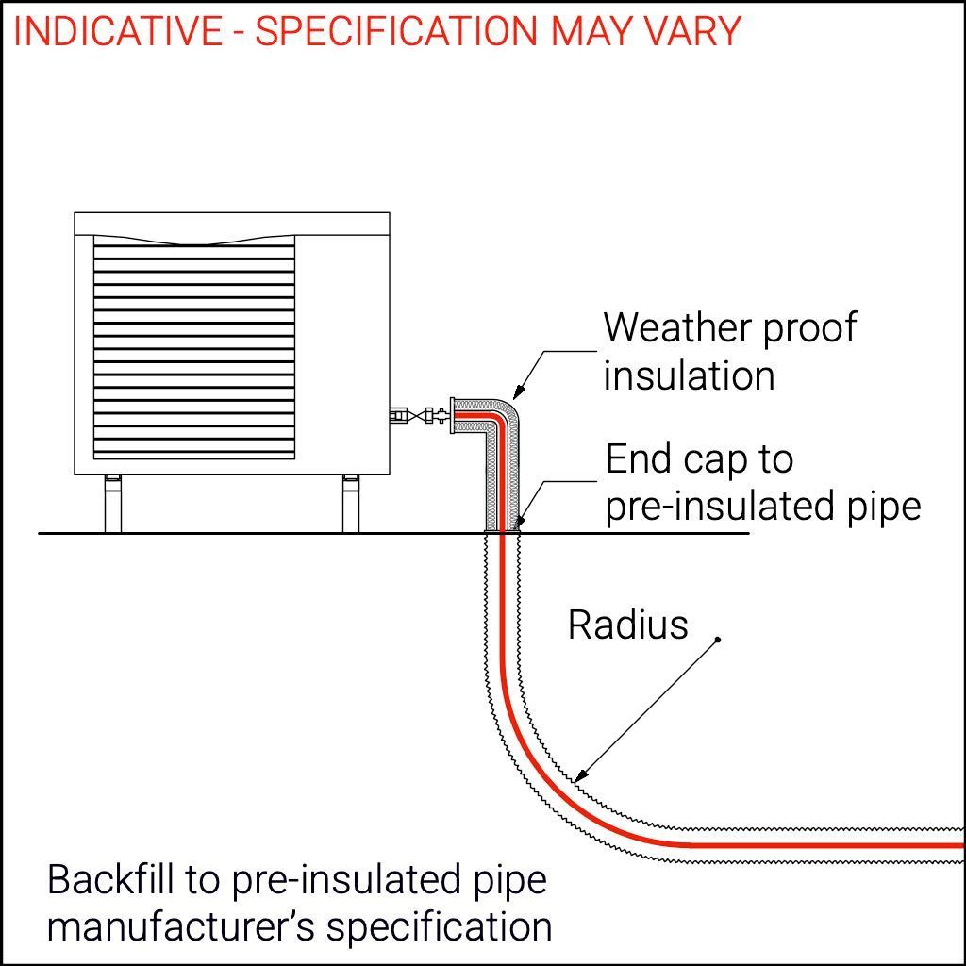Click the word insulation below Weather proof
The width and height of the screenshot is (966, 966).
point(689,375)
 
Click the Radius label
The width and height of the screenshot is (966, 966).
point(627,625)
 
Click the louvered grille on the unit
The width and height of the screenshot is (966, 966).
point(193,349)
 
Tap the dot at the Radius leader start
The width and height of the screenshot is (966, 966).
point(718,641)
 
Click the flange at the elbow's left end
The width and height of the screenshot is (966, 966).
point(456,415)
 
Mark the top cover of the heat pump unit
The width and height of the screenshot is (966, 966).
point(232,224)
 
